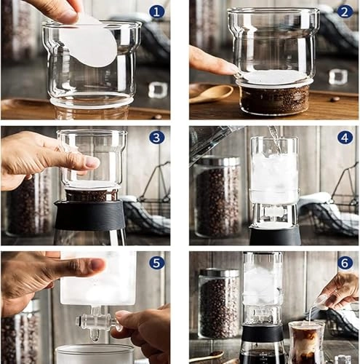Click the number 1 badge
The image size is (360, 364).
pyautogui.click(x=156, y=12)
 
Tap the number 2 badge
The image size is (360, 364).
pyautogui.click(x=345, y=12)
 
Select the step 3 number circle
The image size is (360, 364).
pyautogui.click(x=156, y=137)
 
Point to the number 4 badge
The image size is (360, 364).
pyautogui.click(x=345, y=137)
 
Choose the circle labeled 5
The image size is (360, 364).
pyautogui.click(x=156, y=263)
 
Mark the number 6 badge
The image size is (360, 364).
pyautogui.click(x=345, y=263)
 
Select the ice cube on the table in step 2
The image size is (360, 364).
pyautogui.click(x=338, y=76)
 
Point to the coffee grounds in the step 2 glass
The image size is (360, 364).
pyautogui.click(x=274, y=99)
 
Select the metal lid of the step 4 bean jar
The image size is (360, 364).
pyautogui.click(x=216, y=161)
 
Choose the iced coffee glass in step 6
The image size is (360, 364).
pyautogui.click(x=306, y=342)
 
